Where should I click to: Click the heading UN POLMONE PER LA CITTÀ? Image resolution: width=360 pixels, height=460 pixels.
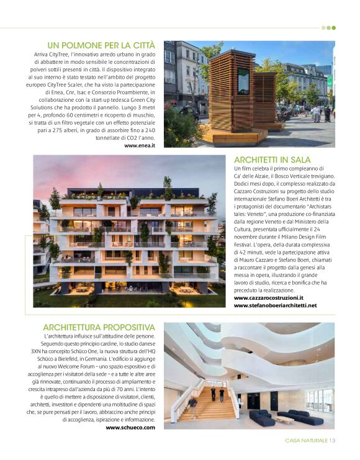click(x=101, y=45)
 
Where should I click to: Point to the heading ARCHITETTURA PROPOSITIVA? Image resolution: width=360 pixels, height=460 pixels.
click(x=99, y=327)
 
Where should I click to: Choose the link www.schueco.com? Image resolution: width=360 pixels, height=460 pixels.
click(x=130, y=427)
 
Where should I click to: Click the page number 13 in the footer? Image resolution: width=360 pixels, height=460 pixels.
click(x=332, y=441)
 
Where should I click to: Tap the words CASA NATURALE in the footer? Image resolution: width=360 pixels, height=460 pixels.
click(x=306, y=441)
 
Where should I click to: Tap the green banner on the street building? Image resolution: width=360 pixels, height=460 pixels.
click(x=330, y=81)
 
